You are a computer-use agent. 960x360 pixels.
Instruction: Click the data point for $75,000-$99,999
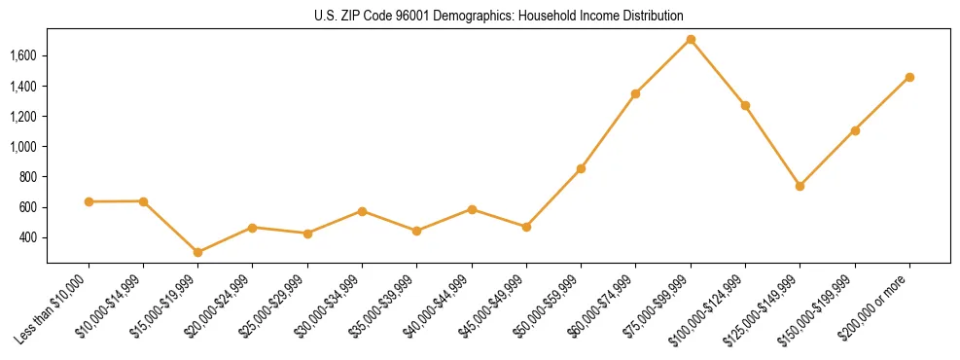[691, 40]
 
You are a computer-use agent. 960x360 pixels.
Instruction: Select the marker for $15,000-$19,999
[198, 252]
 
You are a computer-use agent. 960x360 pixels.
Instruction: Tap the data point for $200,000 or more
[909, 77]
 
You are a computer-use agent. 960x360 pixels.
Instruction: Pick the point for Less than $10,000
[89, 201]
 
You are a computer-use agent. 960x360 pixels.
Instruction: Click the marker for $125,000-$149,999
[800, 186]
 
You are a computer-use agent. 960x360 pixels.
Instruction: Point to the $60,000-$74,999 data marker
[635, 94]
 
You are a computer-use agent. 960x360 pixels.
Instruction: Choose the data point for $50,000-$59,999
[581, 168]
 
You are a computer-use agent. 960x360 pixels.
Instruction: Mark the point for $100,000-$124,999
[745, 105]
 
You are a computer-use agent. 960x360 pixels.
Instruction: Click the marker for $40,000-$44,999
[472, 209]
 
